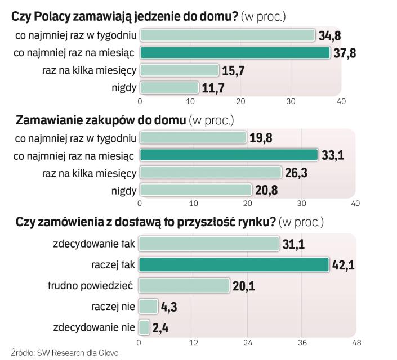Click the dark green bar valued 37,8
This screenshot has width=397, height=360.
(234, 53)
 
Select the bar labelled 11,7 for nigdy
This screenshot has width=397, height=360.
(169, 88)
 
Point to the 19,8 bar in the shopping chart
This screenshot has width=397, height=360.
(193, 138)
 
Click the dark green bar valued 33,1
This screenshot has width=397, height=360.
(228, 155)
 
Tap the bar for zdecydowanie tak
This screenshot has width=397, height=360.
(209, 244)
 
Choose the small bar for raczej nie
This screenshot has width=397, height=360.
(148, 306)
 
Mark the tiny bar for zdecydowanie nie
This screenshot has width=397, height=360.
(144, 327)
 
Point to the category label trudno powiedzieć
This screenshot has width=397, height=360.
(91, 286)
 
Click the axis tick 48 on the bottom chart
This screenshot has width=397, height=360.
(356, 342)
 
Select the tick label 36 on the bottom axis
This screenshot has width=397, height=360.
(301, 342)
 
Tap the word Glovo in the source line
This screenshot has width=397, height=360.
(108, 353)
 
